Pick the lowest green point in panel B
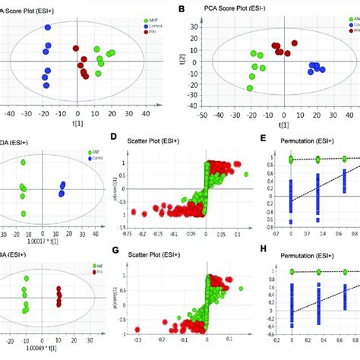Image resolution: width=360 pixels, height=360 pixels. point(250,88)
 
